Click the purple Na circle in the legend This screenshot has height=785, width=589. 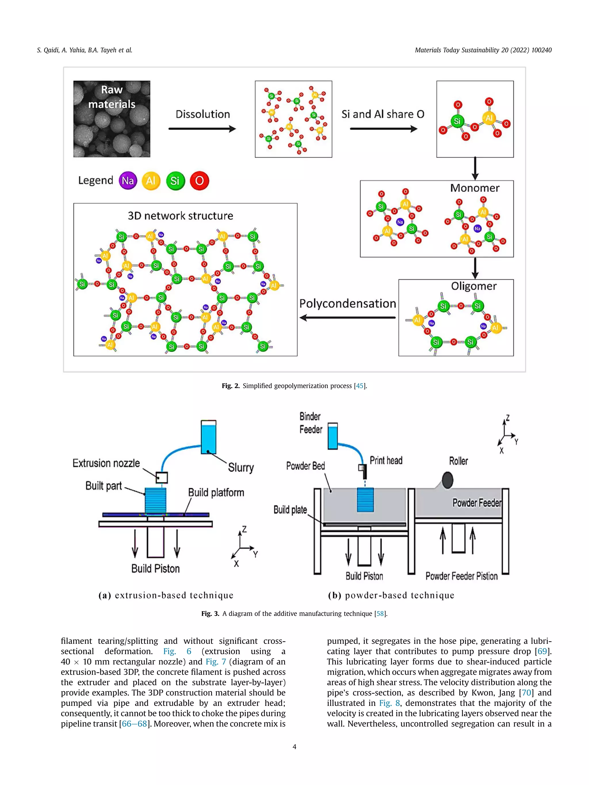128,181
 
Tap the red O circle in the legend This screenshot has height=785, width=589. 200,181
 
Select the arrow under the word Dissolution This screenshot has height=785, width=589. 202,129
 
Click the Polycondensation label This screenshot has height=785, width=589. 348,304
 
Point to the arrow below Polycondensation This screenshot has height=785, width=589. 348,318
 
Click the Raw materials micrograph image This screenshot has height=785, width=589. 112,119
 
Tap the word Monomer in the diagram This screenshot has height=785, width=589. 475,188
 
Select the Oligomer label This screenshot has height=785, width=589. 474,286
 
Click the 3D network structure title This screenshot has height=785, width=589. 180,216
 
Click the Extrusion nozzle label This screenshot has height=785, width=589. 106,463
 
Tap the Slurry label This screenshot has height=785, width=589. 241,467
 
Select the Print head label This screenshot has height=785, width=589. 386,461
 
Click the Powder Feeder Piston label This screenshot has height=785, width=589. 462,576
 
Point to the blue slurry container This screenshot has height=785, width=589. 209,437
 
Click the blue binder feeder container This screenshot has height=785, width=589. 333,436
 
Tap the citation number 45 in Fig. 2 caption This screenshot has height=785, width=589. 360,386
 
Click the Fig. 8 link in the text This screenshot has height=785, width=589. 389,703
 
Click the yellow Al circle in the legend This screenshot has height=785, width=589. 151,181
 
